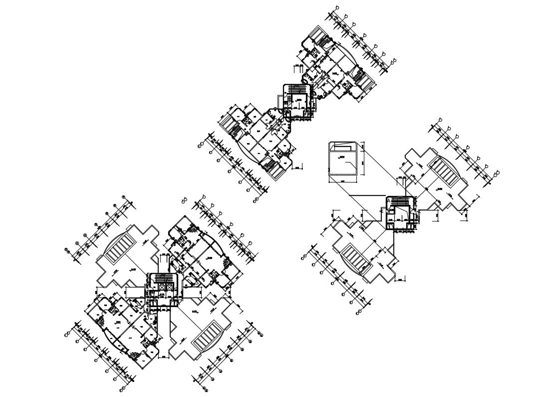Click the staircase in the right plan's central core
pos(400,201)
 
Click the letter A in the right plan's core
pos(389,200)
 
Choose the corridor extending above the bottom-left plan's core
pos(164,263)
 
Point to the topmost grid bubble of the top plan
pos(337,7)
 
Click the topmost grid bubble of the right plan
pos(440,120)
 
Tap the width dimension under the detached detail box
pos(343,180)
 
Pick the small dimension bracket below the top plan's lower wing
pos(297,167)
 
